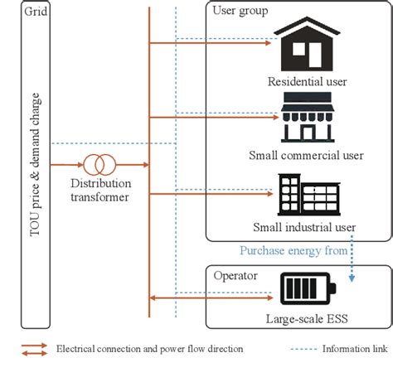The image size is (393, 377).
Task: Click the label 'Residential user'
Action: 307,81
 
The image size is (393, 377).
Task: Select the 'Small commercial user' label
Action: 306,155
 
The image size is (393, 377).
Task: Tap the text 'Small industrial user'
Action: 306,227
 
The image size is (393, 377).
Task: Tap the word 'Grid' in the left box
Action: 36,13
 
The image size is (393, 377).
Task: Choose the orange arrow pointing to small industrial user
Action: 211,196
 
